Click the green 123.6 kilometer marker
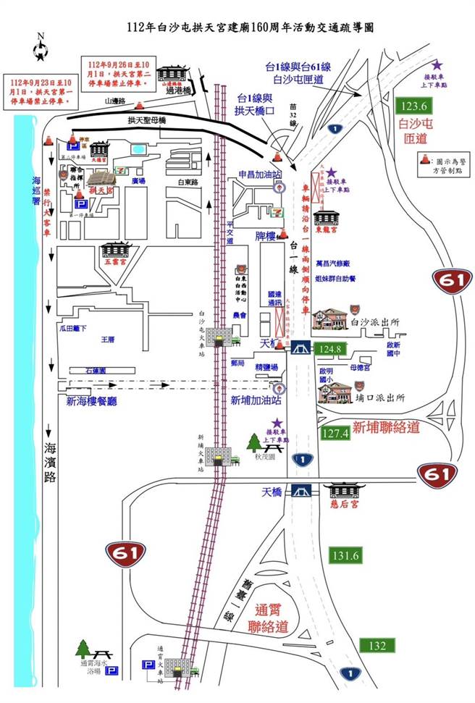(x=416, y=106)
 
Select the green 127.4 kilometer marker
(x=335, y=433)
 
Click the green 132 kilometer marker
(x=377, y=645)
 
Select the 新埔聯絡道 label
(x=386, y=428)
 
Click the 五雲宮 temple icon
(x=117, y=253)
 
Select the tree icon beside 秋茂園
(x=253, y=442)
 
